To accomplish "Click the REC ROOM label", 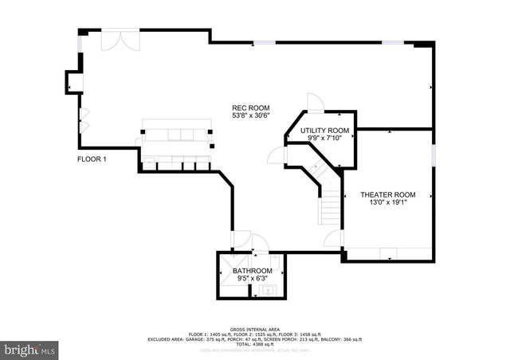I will (250, 108).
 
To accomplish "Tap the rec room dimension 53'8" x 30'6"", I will (250, 116).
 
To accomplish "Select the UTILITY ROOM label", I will (324, 130).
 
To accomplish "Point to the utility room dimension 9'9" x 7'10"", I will (324, 139).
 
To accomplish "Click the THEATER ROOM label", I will (388, 194).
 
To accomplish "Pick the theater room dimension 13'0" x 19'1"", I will (388, 203).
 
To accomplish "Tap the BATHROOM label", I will (251, 272).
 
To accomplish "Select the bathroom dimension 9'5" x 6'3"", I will (251, 280).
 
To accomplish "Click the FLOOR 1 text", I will (92, 159).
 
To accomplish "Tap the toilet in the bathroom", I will (276, 265).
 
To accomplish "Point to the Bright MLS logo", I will (29, 349).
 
